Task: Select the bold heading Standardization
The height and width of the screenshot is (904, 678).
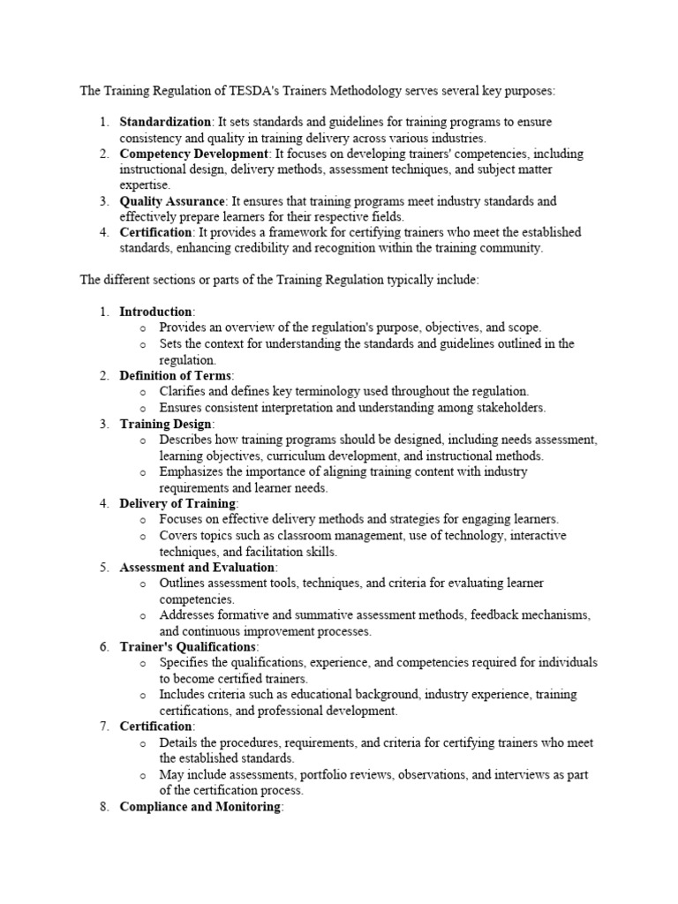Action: coord(165,122)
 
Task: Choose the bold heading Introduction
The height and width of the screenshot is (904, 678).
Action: coord(155,312)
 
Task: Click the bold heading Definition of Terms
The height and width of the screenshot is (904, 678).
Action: coord(176,375)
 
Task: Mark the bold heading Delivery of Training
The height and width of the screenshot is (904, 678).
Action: coord(177,503)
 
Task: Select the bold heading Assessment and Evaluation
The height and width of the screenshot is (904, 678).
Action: coord(198,567)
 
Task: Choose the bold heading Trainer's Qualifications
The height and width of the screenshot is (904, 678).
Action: coord(188,646)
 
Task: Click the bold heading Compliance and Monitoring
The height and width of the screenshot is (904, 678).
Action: coord(200,806)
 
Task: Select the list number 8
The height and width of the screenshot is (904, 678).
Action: coord(103,806)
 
